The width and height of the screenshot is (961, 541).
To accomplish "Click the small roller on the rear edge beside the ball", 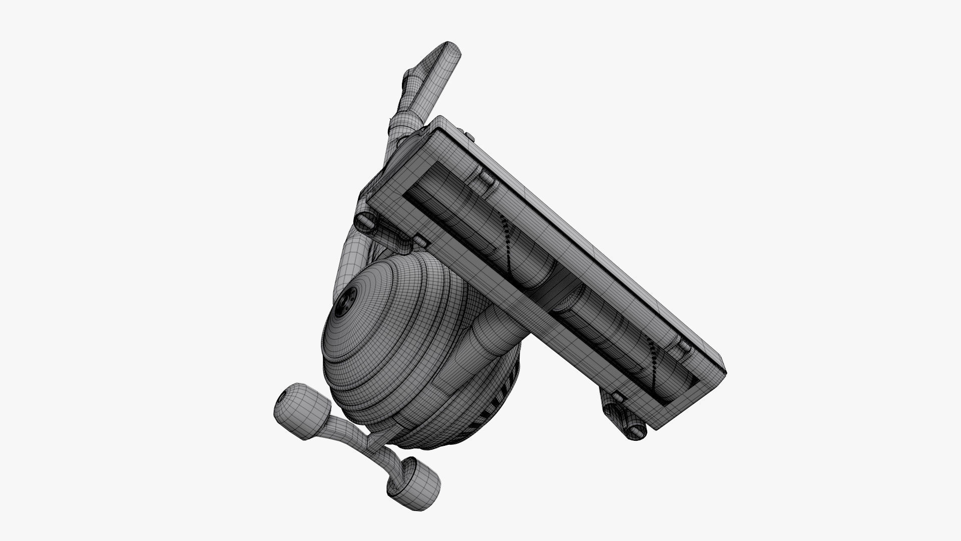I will tap(419, 242).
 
